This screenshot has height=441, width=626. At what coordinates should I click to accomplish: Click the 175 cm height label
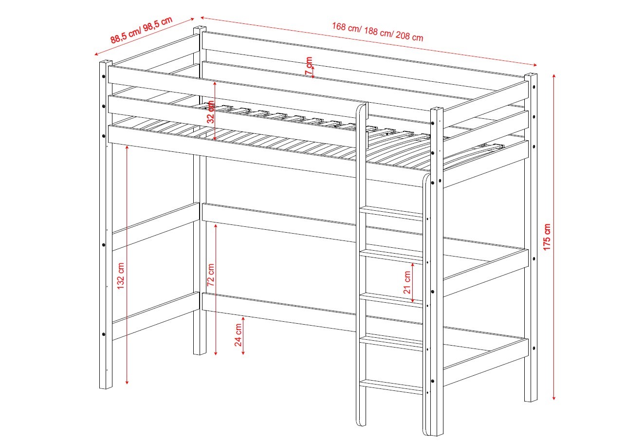547,237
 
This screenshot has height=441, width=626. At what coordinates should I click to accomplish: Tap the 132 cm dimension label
120,276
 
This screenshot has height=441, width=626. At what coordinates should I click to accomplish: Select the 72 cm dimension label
210,275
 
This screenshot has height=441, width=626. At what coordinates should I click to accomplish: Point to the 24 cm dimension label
238,335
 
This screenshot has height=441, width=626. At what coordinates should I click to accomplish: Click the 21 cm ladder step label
407,282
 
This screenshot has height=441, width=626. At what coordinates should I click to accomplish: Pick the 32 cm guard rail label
211,112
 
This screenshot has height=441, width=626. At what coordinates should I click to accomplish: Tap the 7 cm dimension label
309,66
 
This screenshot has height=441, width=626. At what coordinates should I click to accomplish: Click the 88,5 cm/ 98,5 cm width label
141,30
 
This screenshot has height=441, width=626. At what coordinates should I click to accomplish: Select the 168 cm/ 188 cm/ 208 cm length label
378,32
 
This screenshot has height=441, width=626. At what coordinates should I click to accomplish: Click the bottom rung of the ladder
391,387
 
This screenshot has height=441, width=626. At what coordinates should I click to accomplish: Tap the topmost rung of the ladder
391,213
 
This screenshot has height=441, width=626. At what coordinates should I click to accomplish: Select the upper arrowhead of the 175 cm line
554,76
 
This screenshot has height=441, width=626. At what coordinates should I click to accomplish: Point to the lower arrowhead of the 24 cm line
243,353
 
